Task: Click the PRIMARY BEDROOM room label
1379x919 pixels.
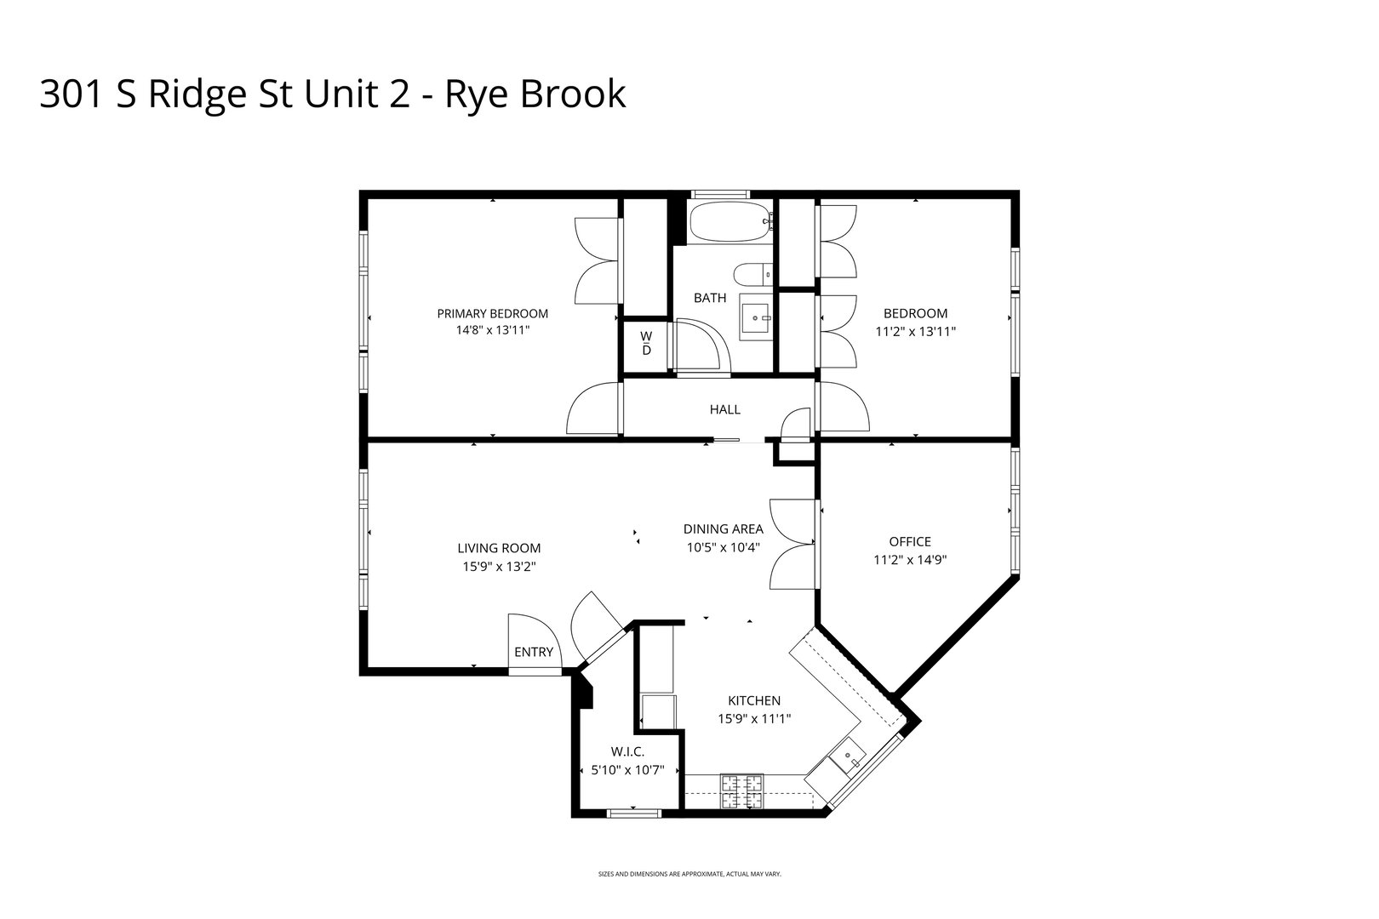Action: pos(492,313)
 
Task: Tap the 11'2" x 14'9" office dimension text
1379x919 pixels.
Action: pos(910,560)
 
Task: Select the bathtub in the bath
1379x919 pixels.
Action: pos(730,223)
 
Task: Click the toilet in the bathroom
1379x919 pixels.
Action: pos(752,274)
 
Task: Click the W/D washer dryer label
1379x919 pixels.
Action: pos(646,343)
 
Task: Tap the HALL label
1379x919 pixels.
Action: pos(724,409)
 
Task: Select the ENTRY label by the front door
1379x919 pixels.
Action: pos(534,652)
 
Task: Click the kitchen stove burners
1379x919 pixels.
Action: pos(742,791)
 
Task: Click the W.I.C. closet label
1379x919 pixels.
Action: pos(627,751)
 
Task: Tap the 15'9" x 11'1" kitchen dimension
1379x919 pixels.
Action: pos(754,719)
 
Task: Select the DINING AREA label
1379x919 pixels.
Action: pos(723,528)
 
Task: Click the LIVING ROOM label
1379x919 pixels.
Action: pos(499,548)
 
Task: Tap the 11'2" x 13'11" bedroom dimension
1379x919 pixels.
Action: pos(915,332)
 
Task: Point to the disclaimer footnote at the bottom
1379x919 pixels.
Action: pos(689,874)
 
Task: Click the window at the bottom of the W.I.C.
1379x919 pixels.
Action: pos(633,813)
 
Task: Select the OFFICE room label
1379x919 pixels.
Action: pos(910,541)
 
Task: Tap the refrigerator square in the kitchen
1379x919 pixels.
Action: pos(658,711)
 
